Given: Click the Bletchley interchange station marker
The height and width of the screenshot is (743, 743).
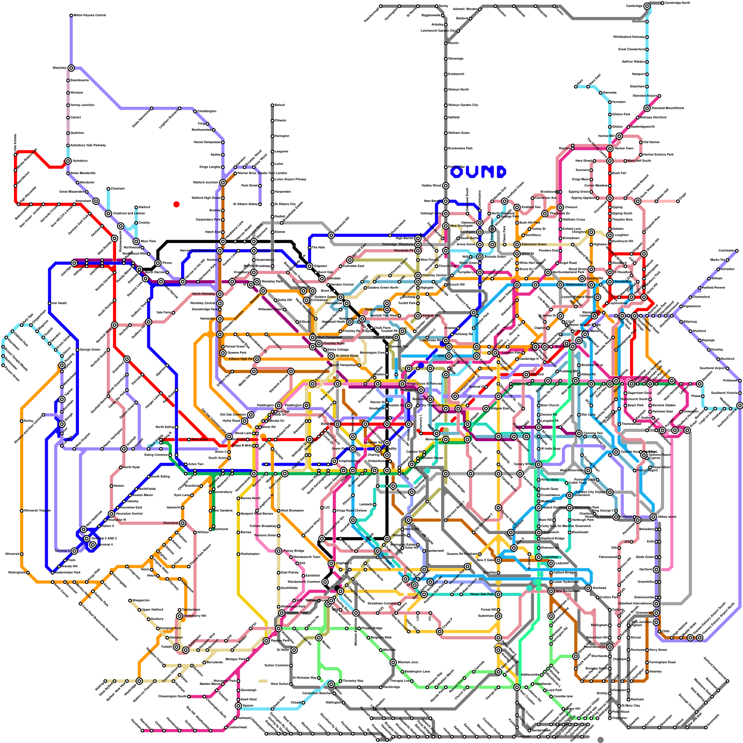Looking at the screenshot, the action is pyautogui.click(x=71, y=68).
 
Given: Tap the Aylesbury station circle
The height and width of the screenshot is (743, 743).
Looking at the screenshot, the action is pyautogui.click(x=68, y=161).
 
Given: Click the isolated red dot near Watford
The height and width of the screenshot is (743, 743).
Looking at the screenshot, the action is pyautogui.click(x=176, y=204).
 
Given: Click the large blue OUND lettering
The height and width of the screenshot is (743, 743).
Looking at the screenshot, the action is pyautogui.click(x=478, y=172).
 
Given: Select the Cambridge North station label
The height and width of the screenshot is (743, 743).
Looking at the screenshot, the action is pyautogui.click(x=677, y=3).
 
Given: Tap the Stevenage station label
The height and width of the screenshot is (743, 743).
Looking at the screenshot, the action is pyautogui.click(x=456, y=59).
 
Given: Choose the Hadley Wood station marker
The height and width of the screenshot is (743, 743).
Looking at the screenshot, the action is pyautogui.click(x=446, y=186).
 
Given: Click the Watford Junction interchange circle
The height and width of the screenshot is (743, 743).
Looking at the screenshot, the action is pyautogui.click(x=223, y=182).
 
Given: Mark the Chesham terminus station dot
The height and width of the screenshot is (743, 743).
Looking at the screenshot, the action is pyautogui.click(x=108, y=189).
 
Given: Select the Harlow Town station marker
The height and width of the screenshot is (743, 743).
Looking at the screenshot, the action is pyautogui.click(x=610, y=149).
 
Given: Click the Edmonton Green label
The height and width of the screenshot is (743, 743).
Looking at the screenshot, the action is pyautogui.click(x=534, y=244).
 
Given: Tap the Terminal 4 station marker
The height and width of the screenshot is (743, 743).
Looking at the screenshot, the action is pyautogui.click(x=93, y=545).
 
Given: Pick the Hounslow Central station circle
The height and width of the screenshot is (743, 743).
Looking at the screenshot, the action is pyautogui.click(x=111, y=514).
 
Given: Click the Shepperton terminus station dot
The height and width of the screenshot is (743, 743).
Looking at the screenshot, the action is pyautogui.click(x=130, y=600).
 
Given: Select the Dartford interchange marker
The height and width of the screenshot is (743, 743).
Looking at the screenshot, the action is pyautogui.click(x=656, y=569).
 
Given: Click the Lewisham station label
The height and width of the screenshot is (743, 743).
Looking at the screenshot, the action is pyautogui.click(x=551, y=557).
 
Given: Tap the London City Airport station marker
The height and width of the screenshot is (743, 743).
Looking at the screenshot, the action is pyautogui.click(x=610, y=492).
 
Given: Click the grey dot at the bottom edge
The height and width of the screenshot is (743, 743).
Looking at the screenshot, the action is pyautogui.click(x=600, y=740).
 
